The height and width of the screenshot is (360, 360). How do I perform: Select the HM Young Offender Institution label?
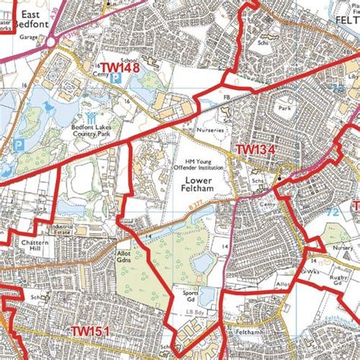(x=196, y=164)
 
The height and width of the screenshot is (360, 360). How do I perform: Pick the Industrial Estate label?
(x=63, y=229)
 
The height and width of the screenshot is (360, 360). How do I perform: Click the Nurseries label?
(x=210, y=131)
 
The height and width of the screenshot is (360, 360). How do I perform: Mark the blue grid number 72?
(x=333, y=212)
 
